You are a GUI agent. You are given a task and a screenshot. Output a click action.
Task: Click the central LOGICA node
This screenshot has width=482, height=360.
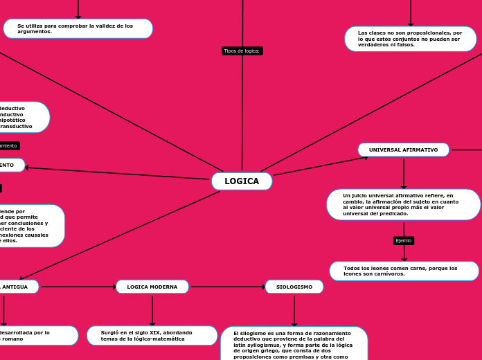click(x=242, y=181)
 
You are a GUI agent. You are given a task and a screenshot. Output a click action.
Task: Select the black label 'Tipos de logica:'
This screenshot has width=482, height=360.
click(x=242, y=51)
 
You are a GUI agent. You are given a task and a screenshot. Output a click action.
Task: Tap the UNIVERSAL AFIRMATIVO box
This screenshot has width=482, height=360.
click(x=403, y=150)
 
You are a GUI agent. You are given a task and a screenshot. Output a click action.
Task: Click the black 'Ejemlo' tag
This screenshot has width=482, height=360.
click(x=403, y=240)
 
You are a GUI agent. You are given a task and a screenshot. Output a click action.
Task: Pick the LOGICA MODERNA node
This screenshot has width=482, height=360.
click(x=152, y=287)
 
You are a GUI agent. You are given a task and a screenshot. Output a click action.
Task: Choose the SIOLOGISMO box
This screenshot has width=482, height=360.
click(x=294, y=287)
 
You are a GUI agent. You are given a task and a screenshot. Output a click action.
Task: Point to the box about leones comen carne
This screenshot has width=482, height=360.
click(x=404, y=271)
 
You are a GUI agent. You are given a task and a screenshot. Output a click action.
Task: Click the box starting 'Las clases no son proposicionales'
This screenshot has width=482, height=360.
click(x=410, y=39)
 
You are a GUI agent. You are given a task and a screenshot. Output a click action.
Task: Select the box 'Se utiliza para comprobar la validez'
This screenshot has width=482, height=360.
click(x=78, y=28)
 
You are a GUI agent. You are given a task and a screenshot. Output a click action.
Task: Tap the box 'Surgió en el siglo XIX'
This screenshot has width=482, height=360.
click(x=152, y=335)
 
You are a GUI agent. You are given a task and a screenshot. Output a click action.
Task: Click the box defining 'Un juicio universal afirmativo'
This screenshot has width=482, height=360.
click(x=403, y=205)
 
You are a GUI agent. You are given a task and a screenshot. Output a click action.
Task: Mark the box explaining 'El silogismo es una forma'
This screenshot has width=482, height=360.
click(x=294, y=344)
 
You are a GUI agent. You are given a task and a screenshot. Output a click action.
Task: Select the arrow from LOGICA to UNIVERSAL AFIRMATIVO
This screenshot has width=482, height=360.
click(x=320, y=166)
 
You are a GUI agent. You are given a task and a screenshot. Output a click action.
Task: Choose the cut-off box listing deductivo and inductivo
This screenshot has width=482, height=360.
click(x=21, y=117)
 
